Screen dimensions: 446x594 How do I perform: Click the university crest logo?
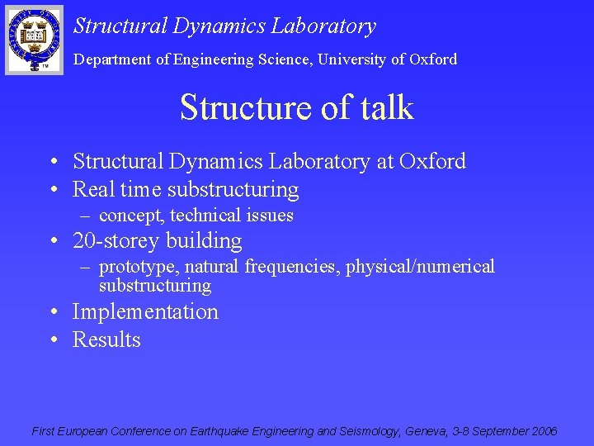(x=34, y=39)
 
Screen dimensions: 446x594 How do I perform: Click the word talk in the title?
(x=382, y=108)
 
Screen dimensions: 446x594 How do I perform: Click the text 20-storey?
(x=116, y=241)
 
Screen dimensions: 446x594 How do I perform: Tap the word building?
(x=205, y=241)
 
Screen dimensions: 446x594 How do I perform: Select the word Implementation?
(x=145, y=312)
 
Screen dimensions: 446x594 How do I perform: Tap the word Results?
(x=106, y=339)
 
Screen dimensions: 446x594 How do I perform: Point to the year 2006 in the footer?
(x=544, y=431)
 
